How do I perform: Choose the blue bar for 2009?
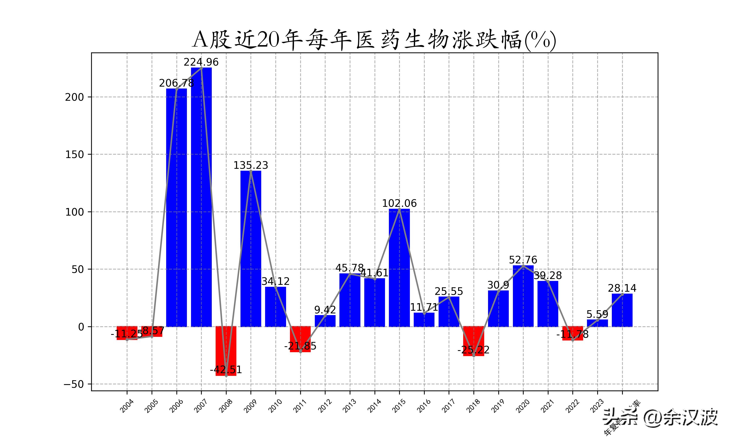(251, 249)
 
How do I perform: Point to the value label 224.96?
(201, 62)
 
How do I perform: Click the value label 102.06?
(399, 204)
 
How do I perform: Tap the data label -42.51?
(226, 370)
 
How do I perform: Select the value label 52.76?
(523, 260)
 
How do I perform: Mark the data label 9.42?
(325, 310)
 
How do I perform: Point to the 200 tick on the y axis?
(75, 97)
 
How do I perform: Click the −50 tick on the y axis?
(74, 384)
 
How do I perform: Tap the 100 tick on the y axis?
(75, 212)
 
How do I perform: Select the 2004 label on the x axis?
(127, 406)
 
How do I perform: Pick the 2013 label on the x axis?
(350, 406)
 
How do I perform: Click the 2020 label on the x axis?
(523, 406)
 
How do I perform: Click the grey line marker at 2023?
(597, 320)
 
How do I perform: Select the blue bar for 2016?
(424, 320)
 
